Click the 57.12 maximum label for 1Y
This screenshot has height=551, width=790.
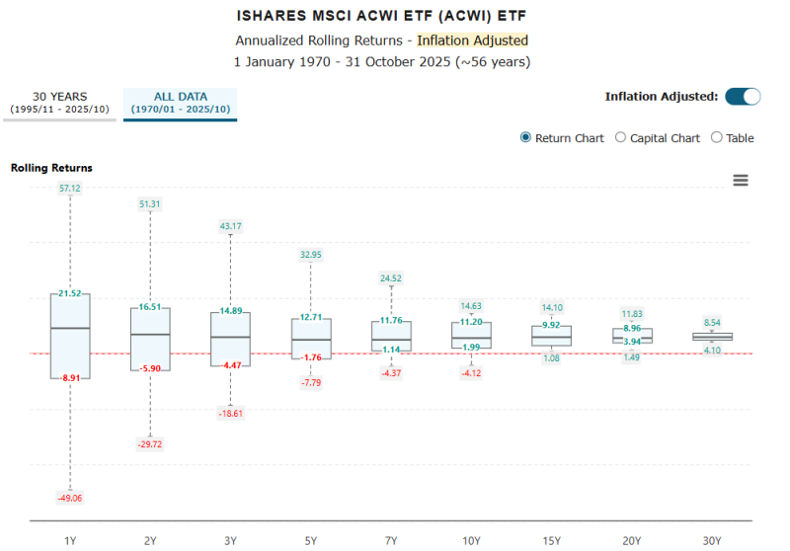[70, 188]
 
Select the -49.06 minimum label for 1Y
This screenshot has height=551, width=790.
[70, 498]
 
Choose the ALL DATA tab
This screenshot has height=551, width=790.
[180, 103]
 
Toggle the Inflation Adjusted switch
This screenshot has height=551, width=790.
[743, 96]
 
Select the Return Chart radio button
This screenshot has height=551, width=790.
[526, 137]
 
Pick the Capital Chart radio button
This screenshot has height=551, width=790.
[621, 137]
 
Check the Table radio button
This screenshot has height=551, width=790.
[717, 137]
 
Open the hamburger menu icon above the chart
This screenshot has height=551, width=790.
[741, 180]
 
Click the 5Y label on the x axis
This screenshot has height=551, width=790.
[311, 540]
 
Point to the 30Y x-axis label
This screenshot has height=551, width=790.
[712, 540]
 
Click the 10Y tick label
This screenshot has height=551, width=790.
[471, 540]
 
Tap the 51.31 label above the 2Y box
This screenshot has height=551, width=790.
[150, 203]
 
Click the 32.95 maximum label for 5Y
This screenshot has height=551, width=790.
[311, 254]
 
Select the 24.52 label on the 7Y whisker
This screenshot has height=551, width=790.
[391, 277]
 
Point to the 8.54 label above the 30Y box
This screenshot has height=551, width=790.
[712, 322]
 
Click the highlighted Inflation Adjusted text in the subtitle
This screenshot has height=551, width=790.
[472, 40]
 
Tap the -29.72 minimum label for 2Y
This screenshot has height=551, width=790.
[150, 445]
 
